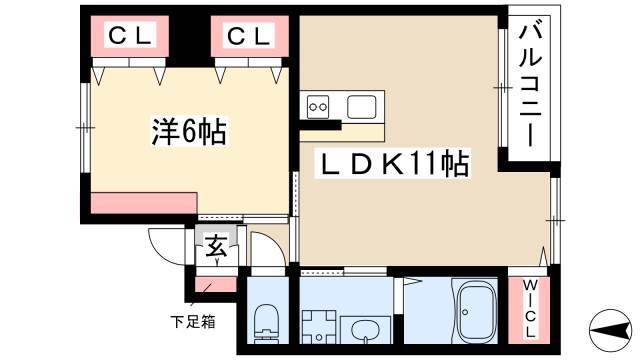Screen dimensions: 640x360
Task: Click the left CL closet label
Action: [130, 36]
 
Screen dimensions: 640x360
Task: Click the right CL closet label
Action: [249, 36]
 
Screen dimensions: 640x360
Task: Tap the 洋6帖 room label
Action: [189, 131]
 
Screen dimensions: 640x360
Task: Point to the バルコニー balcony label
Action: [530, 86]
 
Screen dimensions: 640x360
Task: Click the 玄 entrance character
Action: [216, 246]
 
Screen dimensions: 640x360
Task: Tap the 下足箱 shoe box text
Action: [193, 322]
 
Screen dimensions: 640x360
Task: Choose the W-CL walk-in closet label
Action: [529, 309]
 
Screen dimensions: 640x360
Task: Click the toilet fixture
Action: [266, 322]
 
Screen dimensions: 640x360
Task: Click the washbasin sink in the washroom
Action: [365, 329]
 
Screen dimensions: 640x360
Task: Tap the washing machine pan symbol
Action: [319, 327]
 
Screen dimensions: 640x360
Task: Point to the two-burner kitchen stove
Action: [318, 107]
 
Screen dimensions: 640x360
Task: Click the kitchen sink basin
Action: [361, 107]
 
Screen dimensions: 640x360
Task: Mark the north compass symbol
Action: [611, 330]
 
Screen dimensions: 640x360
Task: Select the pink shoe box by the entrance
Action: [216, 284]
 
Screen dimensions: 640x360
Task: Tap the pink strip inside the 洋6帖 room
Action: [143, 203]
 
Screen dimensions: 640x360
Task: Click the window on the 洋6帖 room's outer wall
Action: [85, 128]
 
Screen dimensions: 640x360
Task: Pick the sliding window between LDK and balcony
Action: [503, 88]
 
